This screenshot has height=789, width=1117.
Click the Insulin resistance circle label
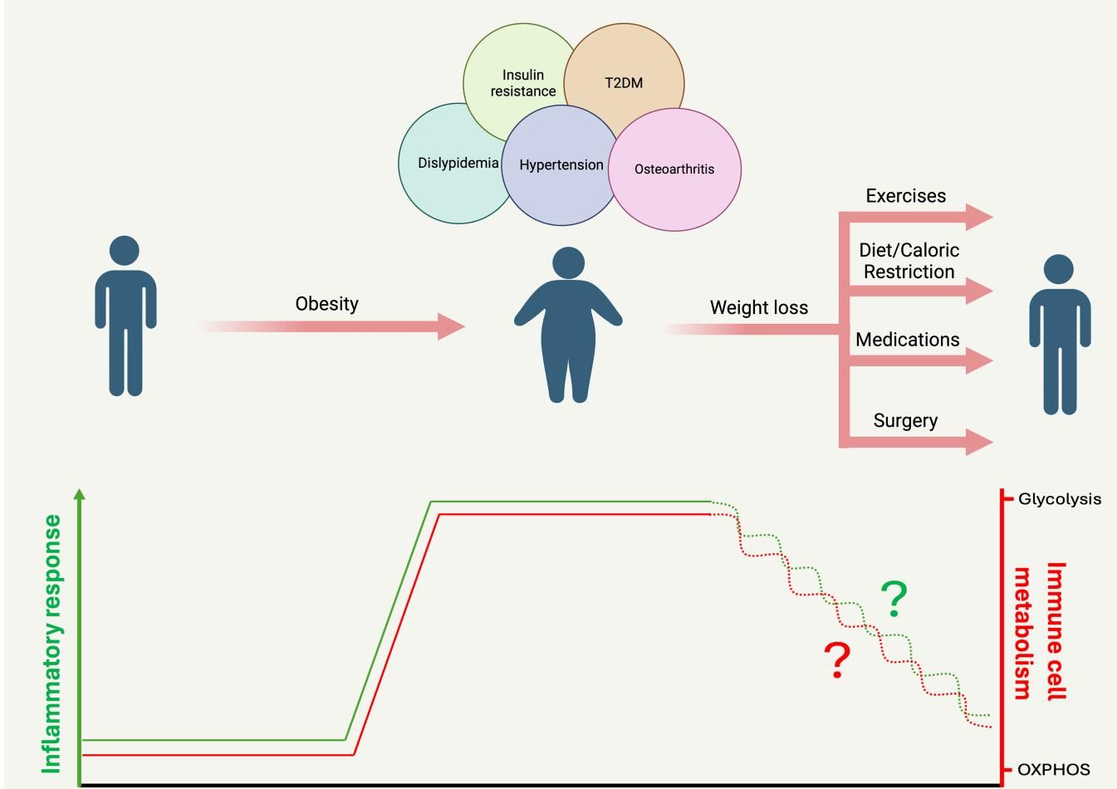[x=523, y=83]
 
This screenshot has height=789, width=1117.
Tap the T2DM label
[x=624, y=83]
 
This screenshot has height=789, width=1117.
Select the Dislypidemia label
[x=458, y=163]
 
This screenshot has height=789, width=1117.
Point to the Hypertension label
[x=561, y=164]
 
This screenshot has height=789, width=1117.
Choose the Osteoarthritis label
[x=674, y=169]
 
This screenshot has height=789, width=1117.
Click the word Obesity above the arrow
[x=327, y=304]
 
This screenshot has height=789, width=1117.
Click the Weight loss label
[x=759, y=307]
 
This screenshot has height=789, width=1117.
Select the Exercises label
[x=906, y=196]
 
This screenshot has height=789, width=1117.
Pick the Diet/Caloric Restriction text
[x=909, y=261]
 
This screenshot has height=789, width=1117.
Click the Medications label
[x=908, y=340]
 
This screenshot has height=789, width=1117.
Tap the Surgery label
[x=905, y=420]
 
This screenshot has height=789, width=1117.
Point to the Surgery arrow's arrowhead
[x=979, y=441]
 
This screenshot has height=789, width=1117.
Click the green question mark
[x=894, y=599]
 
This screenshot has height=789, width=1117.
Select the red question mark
[x=838, y=659]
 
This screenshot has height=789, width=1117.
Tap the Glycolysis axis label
[x=1060, y=499]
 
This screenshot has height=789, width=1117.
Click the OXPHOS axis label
[x=1054, y=770]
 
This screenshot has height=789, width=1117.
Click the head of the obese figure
[x=568, y=263]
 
